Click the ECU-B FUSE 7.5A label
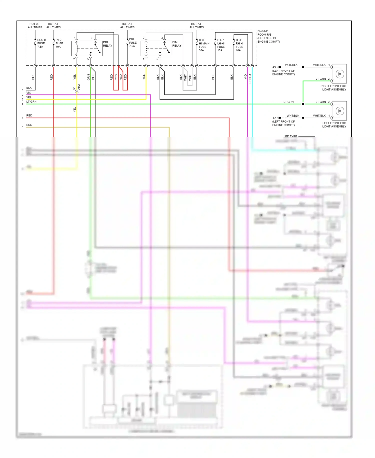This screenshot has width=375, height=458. [41, 43]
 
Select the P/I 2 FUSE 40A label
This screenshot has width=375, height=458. [59, 43]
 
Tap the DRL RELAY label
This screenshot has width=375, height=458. [107, 44]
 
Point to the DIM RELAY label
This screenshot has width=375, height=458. [177, 44]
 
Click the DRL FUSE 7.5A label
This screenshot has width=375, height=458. [133, 43]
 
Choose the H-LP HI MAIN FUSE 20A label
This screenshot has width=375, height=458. [204, 45]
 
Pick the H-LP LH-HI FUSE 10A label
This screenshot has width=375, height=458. [221, 45]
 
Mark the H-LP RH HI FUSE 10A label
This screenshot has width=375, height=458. [239, 45]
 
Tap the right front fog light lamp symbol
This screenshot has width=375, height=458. [340, 74]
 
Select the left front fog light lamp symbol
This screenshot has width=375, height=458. [340, 111]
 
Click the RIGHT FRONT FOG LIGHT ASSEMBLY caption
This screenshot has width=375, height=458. [333, 88]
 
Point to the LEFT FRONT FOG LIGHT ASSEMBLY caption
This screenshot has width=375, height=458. [334, 125]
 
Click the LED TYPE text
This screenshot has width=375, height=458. [290, 136]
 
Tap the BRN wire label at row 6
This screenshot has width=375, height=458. [29, 125]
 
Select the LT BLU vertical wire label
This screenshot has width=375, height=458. [250, 79]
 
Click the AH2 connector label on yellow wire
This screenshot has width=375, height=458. [79, 87]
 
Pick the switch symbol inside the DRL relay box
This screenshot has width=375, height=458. [97, 48]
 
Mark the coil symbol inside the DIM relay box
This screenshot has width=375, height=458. [146, 48]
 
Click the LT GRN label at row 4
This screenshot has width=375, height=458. [31, 102]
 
